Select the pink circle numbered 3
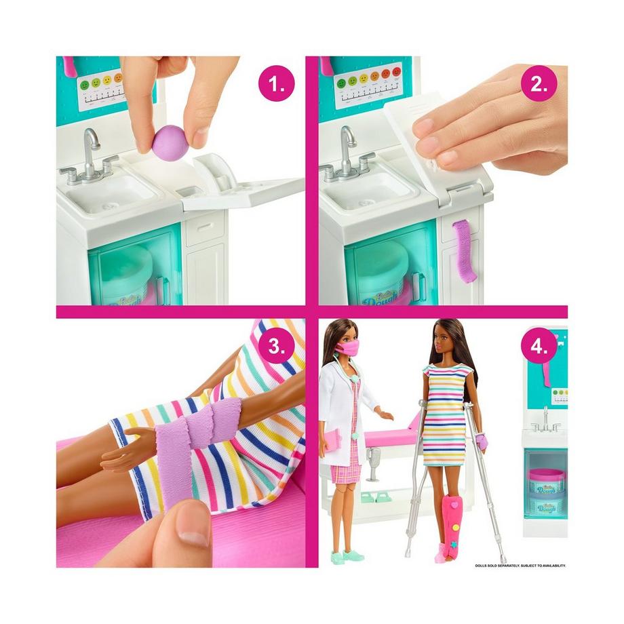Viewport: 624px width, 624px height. point(277,346)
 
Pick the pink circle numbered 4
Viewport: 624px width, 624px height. point(539,346)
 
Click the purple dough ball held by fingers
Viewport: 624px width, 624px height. point(170,142)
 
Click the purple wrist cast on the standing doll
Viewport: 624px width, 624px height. point(482,442)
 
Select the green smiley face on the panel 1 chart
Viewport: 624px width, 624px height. point(85,84)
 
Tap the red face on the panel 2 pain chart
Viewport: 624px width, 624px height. point(397,71)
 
